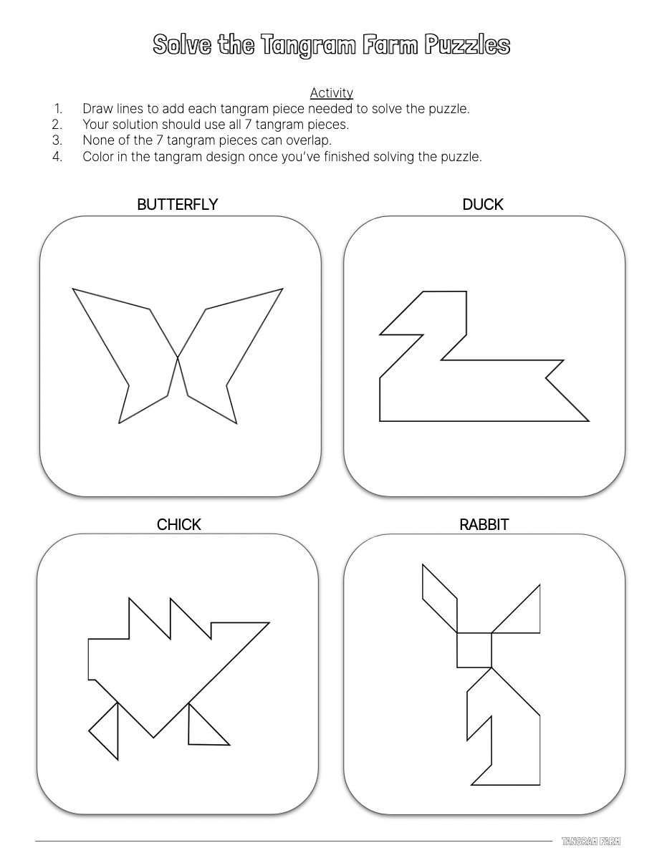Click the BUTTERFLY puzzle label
pyautogui.click(x=177, y=204)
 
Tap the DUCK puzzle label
pyautogui.click(x=482, y=204)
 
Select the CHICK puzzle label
pyautogui.click(x=178, y=525)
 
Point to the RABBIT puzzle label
pyautogui.click(x=484, y=525)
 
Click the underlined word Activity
pyautogui.click(x=332, y=93)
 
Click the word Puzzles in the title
pyautogui.click(x=467, y=44)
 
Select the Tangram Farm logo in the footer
pyautogui.click(x=591, y=841)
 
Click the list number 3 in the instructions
pyautogui.click(x=57, y=140)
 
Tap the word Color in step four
pyautogui.click(x=95, y=157)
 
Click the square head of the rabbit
pyautogui.click(x=474, y=650)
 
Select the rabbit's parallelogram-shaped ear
pyautogui.click(x=440, y=598)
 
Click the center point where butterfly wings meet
pyautogui.click(x=178, y=357)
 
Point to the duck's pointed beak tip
pyautogui.click(x=380, y=334)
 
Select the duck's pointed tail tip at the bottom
pyautogui.click(x=589, y=421)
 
